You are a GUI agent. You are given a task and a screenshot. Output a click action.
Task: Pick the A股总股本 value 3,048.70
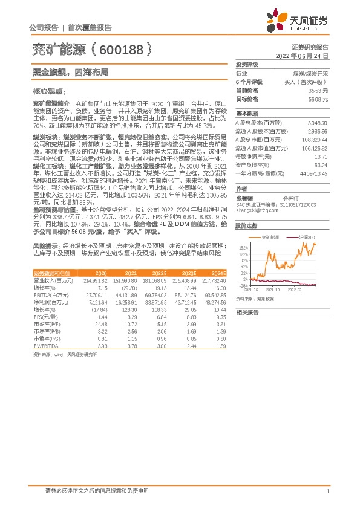pos(317,122)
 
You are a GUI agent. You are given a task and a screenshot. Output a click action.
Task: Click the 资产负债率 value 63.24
pos(321,164)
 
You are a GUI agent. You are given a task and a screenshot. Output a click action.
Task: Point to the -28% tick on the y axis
pos(243,286)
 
